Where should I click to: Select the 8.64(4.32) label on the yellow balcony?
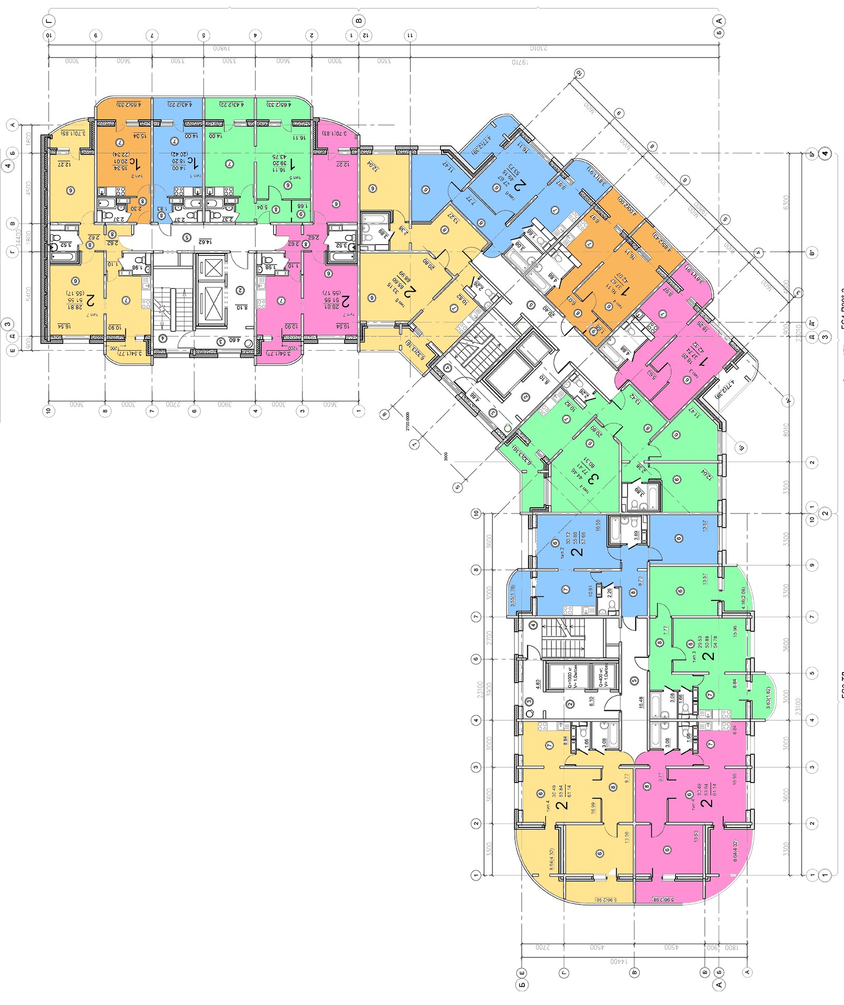[x=551, y=859]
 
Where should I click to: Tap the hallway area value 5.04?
[x=262, y=207]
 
